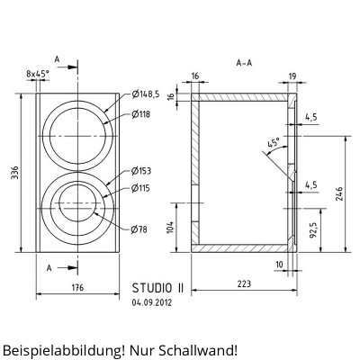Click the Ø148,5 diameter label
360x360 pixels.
(x=146, y=94)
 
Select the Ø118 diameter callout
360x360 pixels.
(x=142, y=114)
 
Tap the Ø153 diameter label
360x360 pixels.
(x=142, y=170)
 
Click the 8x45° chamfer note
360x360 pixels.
(x=38, y=75)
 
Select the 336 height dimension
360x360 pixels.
(x=14, y=173)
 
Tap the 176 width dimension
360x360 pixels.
(x=76, y=288)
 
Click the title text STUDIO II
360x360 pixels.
(x=157, y=288)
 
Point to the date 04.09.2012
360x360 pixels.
(x=150, y=303)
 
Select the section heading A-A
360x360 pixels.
(x=244, y=64)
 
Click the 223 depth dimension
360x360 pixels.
(x=244, y=285)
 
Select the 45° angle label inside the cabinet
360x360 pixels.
(x=274, y=142)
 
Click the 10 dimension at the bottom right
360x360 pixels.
(x=280, y=264)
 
